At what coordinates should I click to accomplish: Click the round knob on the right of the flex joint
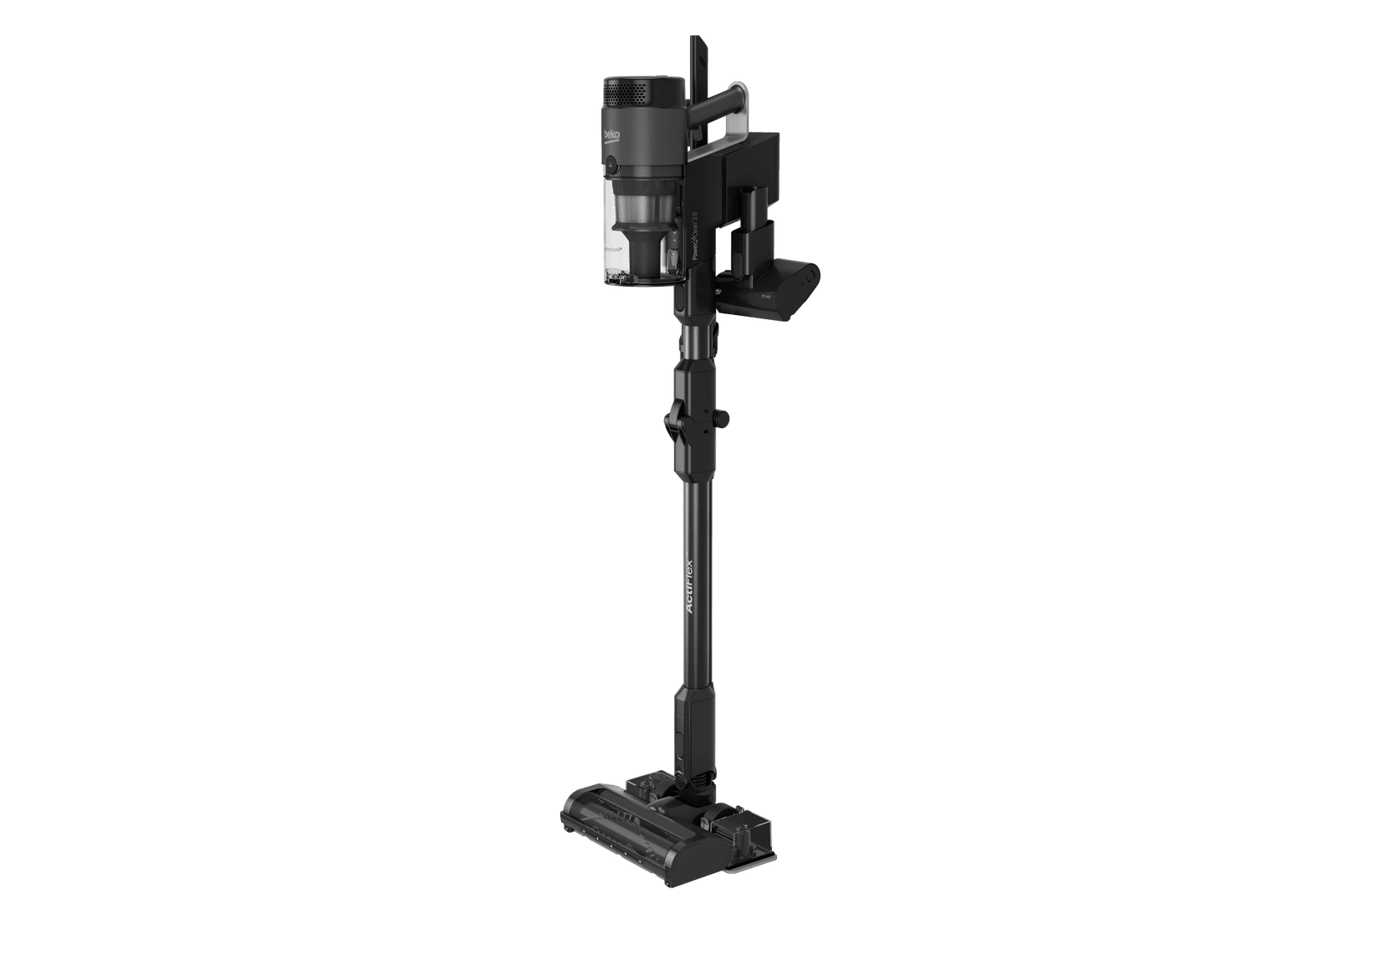[x=723, y=416]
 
